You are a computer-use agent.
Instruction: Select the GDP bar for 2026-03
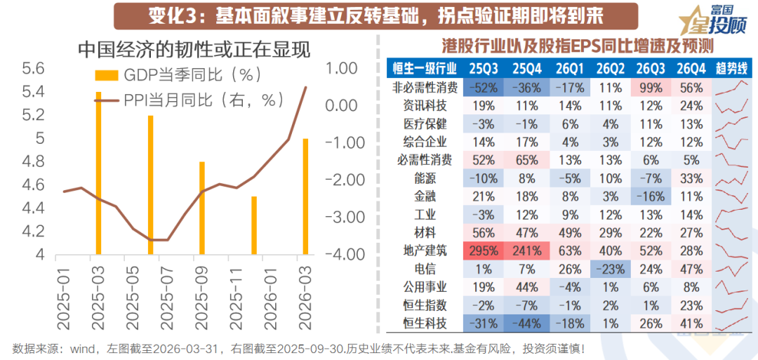(305, 196)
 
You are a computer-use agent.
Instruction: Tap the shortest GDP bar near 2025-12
(254, 225)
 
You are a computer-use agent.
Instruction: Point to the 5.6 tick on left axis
(34, 69)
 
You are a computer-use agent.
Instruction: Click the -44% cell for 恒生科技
(525, 324)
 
